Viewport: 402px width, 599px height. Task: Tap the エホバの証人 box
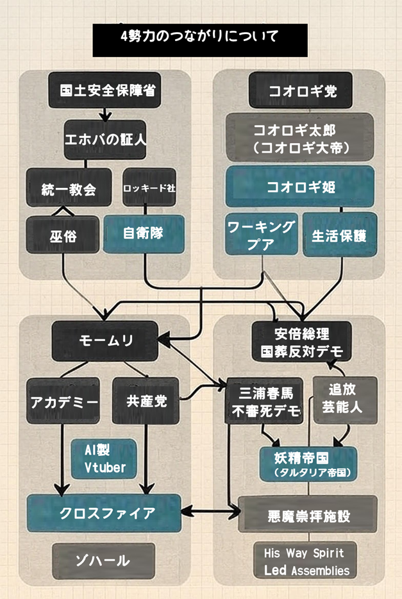pyautogui.click(x=105, y=138)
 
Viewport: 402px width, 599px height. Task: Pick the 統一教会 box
pyautogui.click(x=69, y=188)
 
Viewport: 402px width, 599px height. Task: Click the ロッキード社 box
pyautogui.click(x=149, y=188)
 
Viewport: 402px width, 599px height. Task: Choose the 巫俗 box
pyautogui.click(x=63, y=234)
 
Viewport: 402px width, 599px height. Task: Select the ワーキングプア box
pyautogui.click(x=262, y=234)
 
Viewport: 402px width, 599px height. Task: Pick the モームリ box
pyautogui.click(x=105, y=340)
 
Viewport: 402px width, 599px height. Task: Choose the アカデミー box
pyautogui.click(x=62, y=401)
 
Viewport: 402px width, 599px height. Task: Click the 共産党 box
pyautogui.click(x=145, y=401)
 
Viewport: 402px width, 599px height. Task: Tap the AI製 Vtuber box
pyautogui.click(x=104, y=458)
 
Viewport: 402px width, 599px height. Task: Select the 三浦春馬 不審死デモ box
pyautogui.click(x=264, y=401)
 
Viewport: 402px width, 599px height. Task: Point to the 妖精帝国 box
pyautogui.click(x=307, y=464)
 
